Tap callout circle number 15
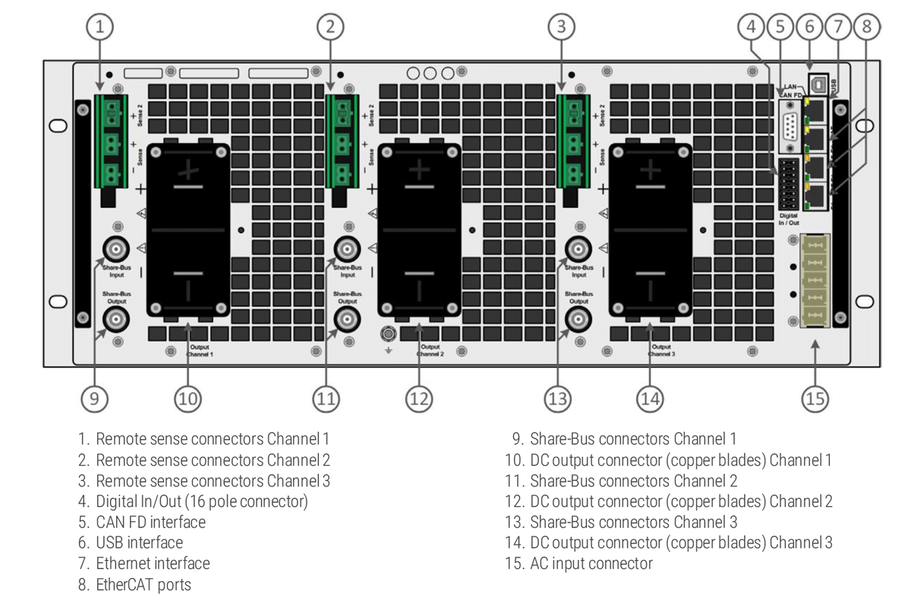pos(815,398)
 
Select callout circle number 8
pos(865,27)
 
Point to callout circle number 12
pos(419,398)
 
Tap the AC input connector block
pos(815,280)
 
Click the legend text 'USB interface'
pos(139,543)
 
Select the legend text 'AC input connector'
pos(591,564)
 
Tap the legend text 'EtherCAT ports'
pos(143,585)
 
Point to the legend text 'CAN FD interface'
pos(150,522)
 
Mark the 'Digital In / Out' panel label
pos(788,219)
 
